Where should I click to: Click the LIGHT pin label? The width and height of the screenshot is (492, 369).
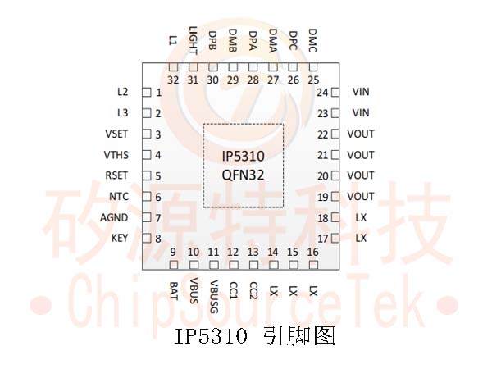[193, 40]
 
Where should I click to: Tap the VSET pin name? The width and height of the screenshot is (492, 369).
[116, 134]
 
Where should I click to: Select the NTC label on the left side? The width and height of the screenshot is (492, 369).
[119, 197]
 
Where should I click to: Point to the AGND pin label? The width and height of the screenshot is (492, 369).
[114, 217]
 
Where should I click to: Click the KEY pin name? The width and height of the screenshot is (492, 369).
[120, 238]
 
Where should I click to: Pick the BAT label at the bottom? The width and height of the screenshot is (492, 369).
[174, 291]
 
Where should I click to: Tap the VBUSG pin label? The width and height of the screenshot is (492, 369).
[214, 297]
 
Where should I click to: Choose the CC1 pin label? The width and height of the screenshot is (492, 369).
[234, 290]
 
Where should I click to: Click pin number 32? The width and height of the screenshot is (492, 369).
[173, 80]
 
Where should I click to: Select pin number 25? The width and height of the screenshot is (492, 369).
[313, 80]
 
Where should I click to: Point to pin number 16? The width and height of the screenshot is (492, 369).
[313, 252]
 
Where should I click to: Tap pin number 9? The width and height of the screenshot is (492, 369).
[173, 252]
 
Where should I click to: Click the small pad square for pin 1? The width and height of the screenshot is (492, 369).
[147, 93]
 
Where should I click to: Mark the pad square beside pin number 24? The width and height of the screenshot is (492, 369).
[335, 93]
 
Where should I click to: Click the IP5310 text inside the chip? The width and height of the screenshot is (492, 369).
[244, 156]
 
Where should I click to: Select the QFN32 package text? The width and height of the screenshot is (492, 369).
[244, 175]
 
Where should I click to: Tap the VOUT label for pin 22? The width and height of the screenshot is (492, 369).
[361, 134]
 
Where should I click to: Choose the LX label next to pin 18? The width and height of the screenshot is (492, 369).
[361, 217]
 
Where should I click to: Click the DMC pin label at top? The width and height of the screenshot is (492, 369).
[313, 40]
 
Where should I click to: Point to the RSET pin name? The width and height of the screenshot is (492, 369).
[116, 175]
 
